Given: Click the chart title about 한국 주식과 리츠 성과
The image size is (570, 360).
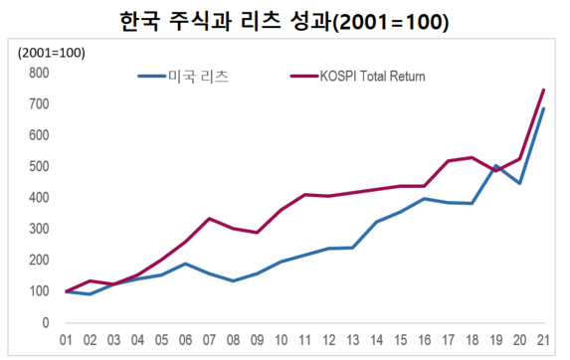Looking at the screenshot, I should [x=285, y=20].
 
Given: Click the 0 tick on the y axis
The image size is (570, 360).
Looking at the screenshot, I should [x=45, y=322].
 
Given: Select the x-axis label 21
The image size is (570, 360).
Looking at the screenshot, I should [x=543, y=342].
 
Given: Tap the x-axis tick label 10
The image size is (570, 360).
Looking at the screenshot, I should [x=282, y=342].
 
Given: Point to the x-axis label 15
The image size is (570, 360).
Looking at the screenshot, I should [x=401, y=342].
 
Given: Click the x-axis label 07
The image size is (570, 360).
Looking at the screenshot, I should [x=210, y=342].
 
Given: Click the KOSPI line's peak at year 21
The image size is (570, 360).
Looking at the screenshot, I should [x=543, y=90].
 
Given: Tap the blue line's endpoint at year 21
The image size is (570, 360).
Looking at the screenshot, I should [x=543, y=108].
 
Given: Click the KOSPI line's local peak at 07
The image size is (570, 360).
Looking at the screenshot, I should [x=210, y=219].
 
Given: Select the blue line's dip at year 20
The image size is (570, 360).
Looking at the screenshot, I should [x=519, y=184].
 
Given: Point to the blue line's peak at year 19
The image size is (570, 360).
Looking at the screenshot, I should [x=495, y=166].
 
